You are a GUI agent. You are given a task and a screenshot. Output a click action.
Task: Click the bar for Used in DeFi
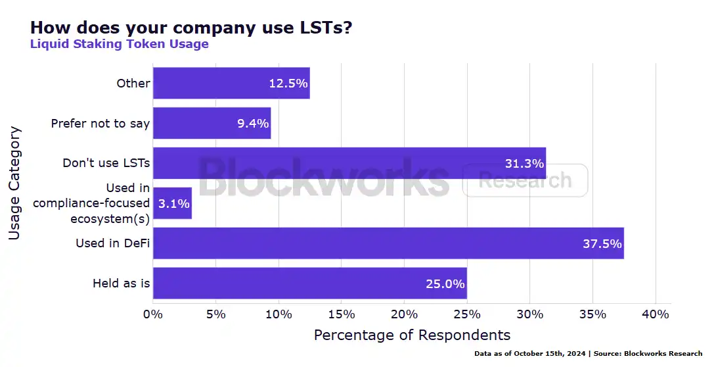(x=388, y=243)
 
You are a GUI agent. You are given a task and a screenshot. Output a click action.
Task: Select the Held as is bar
(x=309, y=283)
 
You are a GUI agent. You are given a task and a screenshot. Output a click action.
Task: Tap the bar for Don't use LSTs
(x=349, y=163)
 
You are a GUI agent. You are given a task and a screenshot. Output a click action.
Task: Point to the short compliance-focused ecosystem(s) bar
(x=172, y=203)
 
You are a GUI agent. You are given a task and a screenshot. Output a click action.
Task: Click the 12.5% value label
(x=288, y=84)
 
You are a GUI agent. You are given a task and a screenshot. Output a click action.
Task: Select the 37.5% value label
(x=602, y=244)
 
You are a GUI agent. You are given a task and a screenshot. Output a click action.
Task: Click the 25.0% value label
(x=445, y=284)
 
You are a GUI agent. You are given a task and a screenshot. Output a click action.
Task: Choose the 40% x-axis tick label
(x=655, y=314)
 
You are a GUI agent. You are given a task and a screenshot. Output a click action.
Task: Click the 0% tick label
(x=153, y=314)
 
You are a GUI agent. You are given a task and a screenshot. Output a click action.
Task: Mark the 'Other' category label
(x=133, y=84)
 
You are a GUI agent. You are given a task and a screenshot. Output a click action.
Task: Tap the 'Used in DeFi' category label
(x=112, y=243)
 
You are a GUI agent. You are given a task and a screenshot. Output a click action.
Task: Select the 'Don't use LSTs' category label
(x=106, y=163)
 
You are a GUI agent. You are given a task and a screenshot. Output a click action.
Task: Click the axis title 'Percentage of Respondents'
(x=412, y=335)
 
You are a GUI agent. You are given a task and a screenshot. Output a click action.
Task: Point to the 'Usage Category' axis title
(x=15, y=183)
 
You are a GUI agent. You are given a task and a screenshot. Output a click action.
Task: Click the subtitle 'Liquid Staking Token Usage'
(x=120, y=44)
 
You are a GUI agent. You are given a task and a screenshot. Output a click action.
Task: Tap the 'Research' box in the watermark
(x=525, y=180)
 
